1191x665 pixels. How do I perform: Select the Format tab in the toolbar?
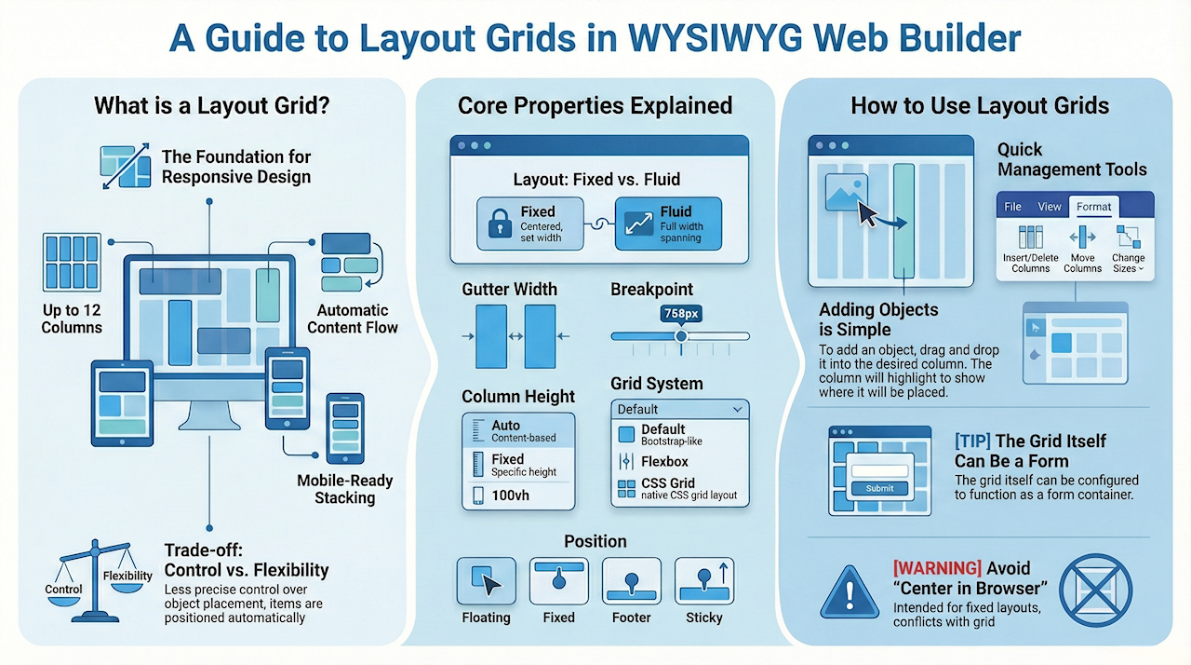(x=1094, y=207)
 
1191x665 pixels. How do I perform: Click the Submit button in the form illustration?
(x=879, y=488)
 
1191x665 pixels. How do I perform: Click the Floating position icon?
(x=486, y=581)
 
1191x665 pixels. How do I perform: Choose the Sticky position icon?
(x=704, y=581)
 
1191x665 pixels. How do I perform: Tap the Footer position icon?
(x=632, y=581)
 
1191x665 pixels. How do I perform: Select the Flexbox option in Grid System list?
(x=663, y=462)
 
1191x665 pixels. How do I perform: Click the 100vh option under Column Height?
(x=510, y=495)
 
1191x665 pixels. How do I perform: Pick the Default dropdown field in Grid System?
(x=680, y=409)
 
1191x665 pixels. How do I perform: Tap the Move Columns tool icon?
(x=1082, y=237)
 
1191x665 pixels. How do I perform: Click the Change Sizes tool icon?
(x=1129, y=237)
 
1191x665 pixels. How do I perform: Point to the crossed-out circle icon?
(x=1096, y=589)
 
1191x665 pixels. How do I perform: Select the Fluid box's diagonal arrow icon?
(x=637, y=223)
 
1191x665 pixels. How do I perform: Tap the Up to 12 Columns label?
(x=72, y=319)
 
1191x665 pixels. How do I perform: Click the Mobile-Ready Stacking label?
(x=345, y=489)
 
